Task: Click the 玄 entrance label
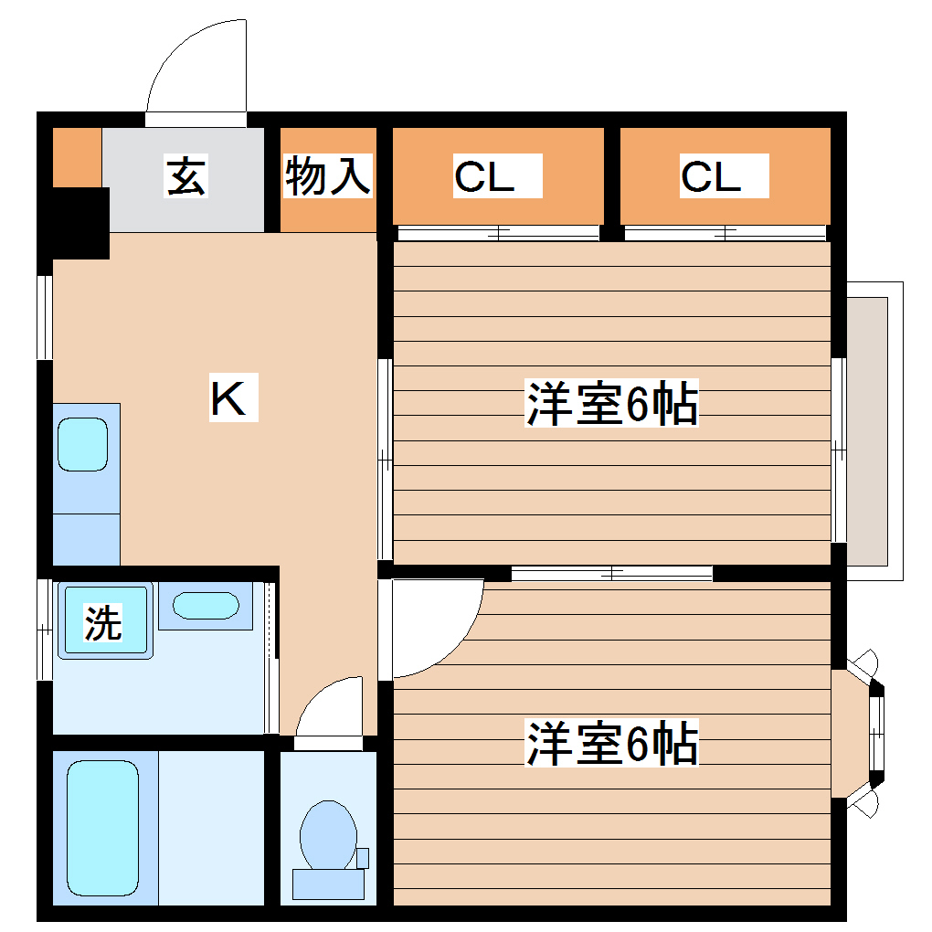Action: click(x=185, y=176)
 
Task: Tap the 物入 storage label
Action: click(x=328, y=176)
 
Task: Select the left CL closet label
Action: click(x=484, y=176)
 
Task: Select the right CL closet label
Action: click(x=711, y=176)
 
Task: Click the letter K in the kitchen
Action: click(x=228, y=398)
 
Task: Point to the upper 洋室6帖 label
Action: click(x=611, y=405)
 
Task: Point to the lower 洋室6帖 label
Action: click(x=611, y=743)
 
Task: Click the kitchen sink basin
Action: click(x=83, y=445)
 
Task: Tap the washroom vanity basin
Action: click(x=206, y=606)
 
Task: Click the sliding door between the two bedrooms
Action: click(x=610, y=574)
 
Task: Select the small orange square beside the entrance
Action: click(x=77, y=156)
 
